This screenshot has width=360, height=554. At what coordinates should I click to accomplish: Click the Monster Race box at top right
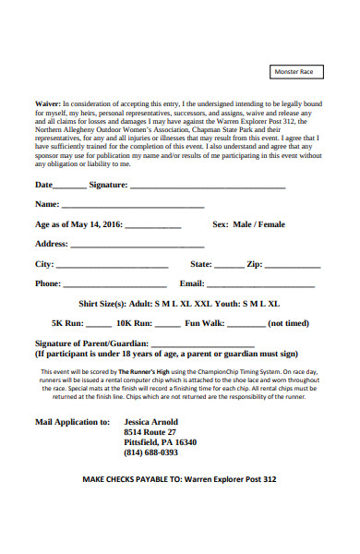(x=295, y=72)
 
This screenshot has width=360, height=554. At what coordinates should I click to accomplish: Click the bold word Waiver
(x=48, y=104)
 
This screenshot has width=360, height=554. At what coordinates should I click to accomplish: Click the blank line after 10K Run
(x=167, y=326)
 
